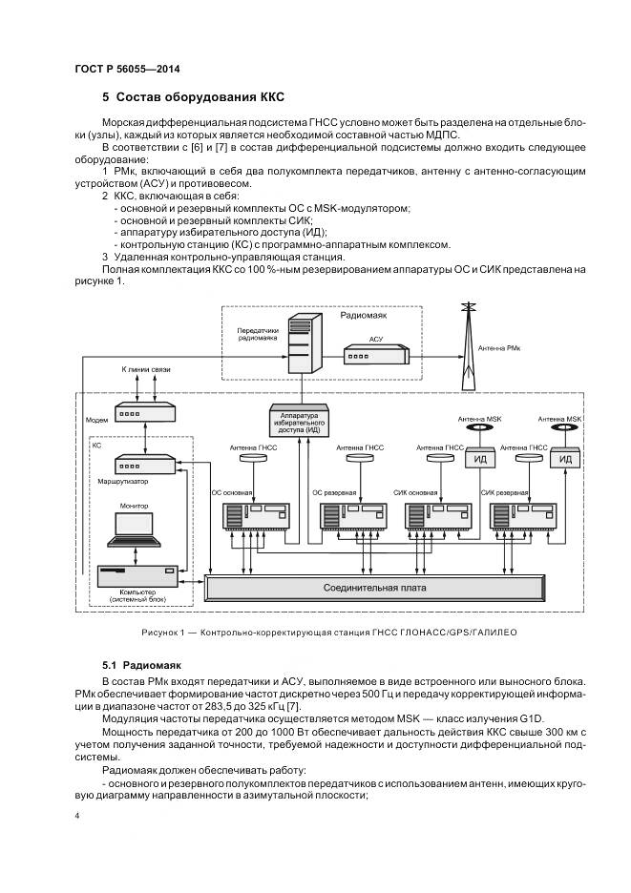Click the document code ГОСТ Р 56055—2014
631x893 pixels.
click(x=127, y=70)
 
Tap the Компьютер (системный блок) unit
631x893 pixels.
click(x=137, y=576)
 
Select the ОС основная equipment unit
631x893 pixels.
click(x=255, y=516)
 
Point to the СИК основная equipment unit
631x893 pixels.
click(x=442, y=516)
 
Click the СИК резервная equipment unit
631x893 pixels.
click(x=525, y=516)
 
